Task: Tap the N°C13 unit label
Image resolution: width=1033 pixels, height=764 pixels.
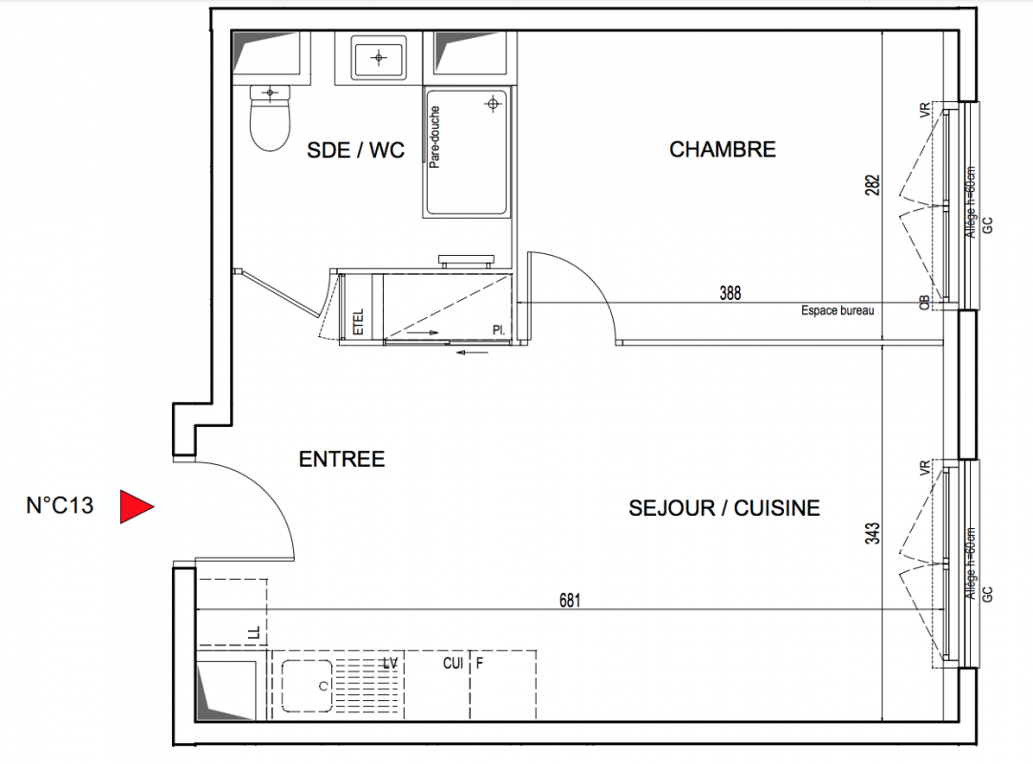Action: pyautogui.click(x=60, y=505)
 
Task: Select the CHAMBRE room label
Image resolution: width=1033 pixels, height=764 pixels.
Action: pyautogui.click(x=723, y=150)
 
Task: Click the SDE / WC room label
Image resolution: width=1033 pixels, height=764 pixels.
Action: pyautogui.click(x=356, y=150)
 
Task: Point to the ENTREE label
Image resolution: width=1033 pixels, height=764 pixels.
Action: pyautogui.click(x=342, y=458)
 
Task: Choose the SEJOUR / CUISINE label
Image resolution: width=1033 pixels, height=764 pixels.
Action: pyautogui.click(x=724, y=508)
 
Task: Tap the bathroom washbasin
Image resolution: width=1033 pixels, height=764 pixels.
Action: pyautogui.click(x=379, y=58)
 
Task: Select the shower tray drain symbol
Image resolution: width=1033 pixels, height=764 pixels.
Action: pyautogui.click(x=493, y=104)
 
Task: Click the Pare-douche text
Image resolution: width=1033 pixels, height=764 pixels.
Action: pyautogui.click(x=434, y=138)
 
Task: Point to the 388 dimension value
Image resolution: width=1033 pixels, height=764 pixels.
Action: pyautogui.click(x=730, y=292)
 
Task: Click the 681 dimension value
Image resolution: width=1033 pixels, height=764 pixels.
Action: pyautogui.click(x=570, y=600)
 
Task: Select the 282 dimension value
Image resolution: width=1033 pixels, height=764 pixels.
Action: pyautogui.click(x=873, y=185)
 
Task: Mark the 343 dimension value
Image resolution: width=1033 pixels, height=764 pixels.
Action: pyautogui.click(x=873, y=533)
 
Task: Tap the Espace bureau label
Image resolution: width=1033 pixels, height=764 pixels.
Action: pyautogui.click(x=837, y=310)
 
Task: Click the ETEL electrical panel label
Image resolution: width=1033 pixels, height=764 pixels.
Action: pyautogui.click(x=358, y=322)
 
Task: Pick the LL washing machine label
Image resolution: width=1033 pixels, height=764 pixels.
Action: pyautogui.click(x=254, y=633)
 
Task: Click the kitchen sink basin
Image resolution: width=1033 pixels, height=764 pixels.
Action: pyautogui.click(x=307, y=686)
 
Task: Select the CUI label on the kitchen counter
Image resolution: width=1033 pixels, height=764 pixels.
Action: pyautogui.click(x=453, y=663)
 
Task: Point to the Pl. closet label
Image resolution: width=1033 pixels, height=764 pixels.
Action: pyautogui.click(x=498, y=329)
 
